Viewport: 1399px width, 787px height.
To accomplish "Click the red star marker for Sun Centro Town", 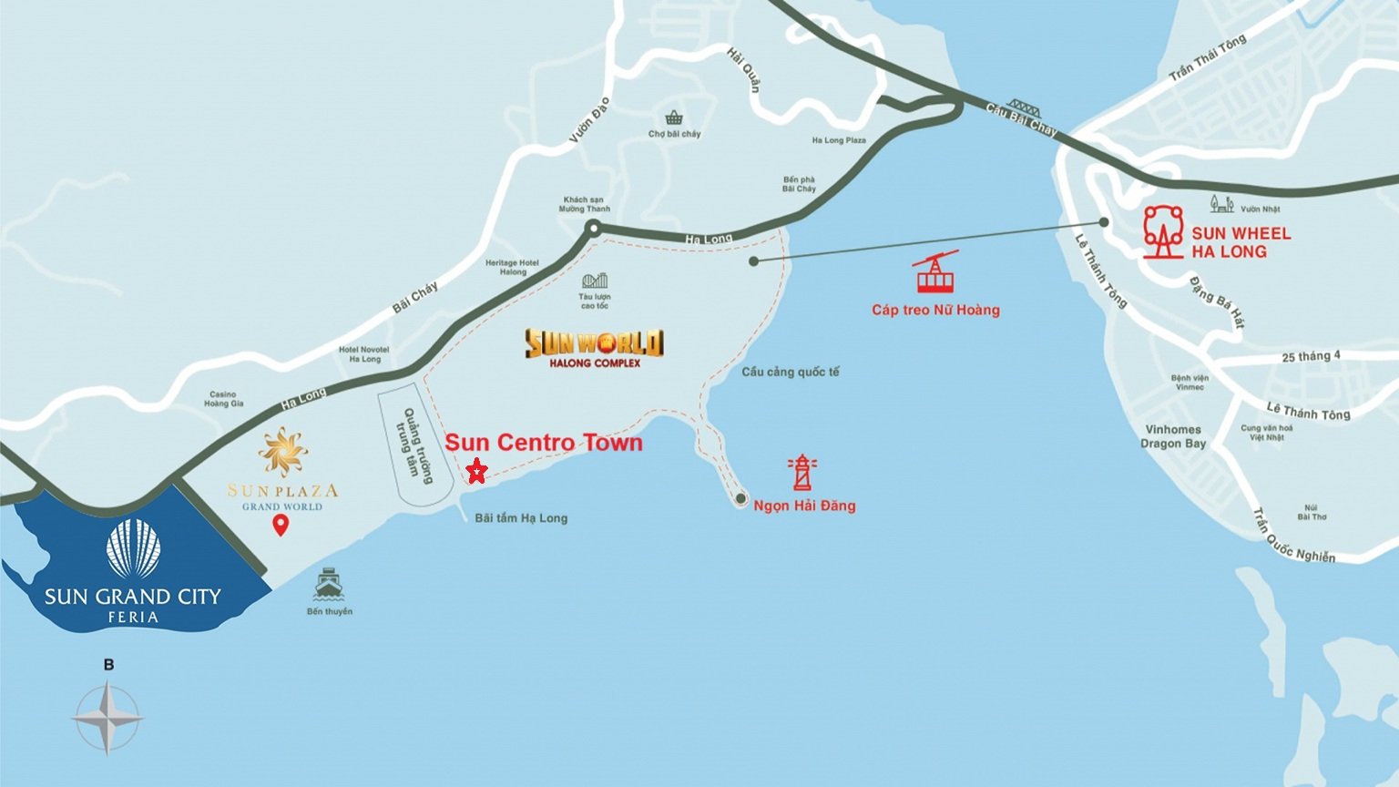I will pyautogui.click(x=476, y=471).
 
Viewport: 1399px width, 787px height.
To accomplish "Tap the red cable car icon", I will pyautogui.click(x=935, y=272).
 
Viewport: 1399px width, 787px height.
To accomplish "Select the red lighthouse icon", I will pyautogui.click(x=802, y=473).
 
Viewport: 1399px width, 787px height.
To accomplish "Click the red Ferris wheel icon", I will pyautogui.click(x=1163, y=232).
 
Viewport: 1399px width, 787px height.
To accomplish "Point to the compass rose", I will pyautogui.click(x=107, y=719).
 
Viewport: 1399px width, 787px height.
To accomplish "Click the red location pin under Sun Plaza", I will pyautogui.click(x=281, y=525).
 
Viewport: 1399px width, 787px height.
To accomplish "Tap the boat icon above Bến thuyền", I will pyautogui.click(x=329, y=584).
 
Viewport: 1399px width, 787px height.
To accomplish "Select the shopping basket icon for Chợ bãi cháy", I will pyautogui.click(x=674, y=118).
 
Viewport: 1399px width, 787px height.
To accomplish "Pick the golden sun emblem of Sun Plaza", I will pyautogui.click(x=282, y=453).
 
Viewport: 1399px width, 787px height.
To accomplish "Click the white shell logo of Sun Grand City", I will pyautogui.click(x=133, y=548).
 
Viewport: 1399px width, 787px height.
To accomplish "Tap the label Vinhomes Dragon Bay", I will pyautogui.click(x=1173, y=436).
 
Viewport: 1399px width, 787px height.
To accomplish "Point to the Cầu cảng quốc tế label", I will pyautogui.click(x=790, y=372).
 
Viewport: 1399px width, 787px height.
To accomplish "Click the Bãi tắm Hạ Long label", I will pyautogui.click(x=521, y=518).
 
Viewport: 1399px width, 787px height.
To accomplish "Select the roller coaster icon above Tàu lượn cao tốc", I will pyautogui.click(x=595, y=281).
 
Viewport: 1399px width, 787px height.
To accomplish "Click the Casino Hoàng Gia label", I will pyautogui.click(x=223, y=399).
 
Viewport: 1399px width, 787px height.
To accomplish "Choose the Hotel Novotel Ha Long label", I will pyautogui.click(x=363, y=354).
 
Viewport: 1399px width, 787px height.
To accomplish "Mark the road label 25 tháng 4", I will pyautogui.click(x=1311, y=356).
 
